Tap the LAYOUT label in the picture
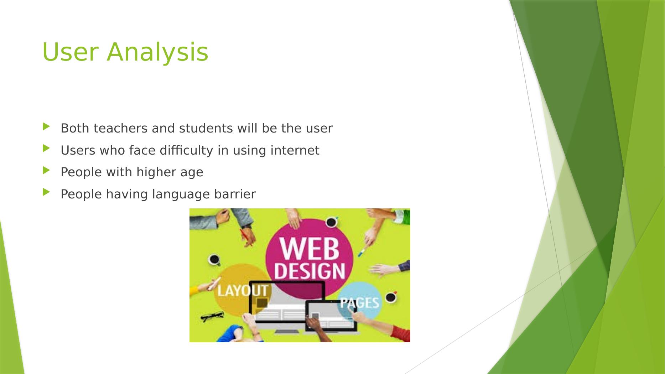pos(243,291)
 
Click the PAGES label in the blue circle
pos(359,303)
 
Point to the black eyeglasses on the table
pos(212,316)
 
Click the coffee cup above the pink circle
pos(331,222)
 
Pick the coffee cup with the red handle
pos(391,297)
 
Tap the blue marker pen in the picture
pos(362,253)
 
